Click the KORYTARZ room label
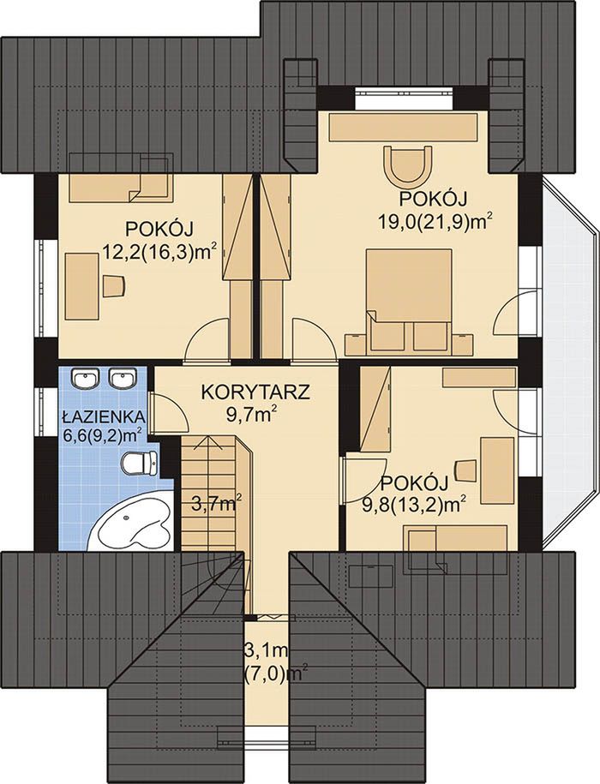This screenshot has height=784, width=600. (255, 392)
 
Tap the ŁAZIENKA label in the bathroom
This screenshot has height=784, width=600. (104, 417)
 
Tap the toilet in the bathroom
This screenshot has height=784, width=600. (140, 463)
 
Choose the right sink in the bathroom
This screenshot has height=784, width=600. (122, 379)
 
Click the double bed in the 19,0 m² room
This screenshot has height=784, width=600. (409, 301)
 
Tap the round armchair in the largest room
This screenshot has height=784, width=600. (406, 165)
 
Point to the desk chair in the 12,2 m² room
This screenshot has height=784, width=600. (114, 286)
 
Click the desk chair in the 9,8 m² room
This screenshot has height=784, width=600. (465, 470)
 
